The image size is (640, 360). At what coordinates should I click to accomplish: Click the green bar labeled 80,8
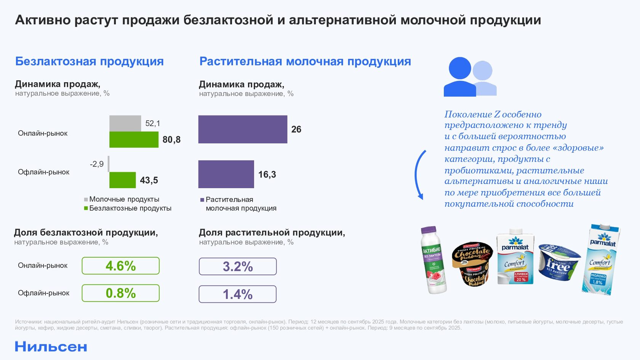(134, 139)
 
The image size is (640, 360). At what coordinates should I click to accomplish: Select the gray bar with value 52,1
(125, 123)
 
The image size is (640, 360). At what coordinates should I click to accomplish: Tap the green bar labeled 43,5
(122, 180)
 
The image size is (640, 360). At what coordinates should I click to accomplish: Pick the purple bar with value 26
(243, 129)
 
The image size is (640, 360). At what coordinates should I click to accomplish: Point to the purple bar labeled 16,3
(226, 174)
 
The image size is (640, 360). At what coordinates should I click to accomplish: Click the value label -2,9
(97, 164)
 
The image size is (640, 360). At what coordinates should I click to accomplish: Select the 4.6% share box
(120, 266)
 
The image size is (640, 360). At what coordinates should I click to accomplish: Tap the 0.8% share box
(120, 293)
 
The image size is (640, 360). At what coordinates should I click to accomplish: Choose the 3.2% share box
(238, 267)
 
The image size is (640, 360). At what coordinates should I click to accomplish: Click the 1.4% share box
(238, 294)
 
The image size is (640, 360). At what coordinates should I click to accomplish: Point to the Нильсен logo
(51, 347)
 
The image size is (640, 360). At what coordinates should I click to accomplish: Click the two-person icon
(470, 77)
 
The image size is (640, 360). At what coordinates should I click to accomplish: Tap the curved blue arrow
(418, 174)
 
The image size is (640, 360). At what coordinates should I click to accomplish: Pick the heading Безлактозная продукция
(90, 61)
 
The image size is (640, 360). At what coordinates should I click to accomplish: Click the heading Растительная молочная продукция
(305, 61)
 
